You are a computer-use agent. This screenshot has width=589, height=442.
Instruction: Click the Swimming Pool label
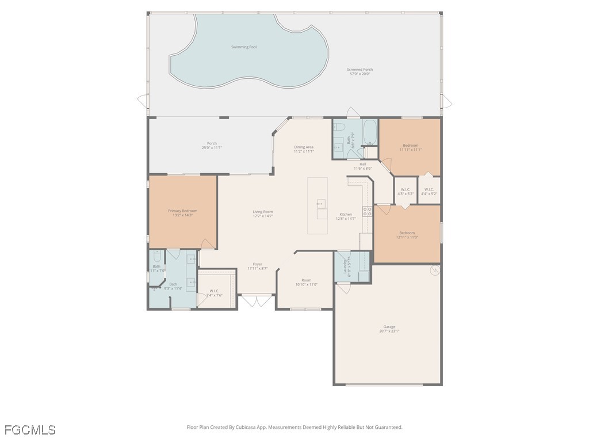tap(244, 47)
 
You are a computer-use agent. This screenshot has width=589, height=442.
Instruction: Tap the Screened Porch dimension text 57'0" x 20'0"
tap(359, 74)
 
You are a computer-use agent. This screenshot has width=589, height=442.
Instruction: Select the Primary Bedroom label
tap(182, 211)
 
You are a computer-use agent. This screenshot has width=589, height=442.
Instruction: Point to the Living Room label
tap(263, 212)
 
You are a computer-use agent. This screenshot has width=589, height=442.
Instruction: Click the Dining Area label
tap(304, 147)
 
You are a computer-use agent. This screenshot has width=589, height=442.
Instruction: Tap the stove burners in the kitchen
tap(366, 211)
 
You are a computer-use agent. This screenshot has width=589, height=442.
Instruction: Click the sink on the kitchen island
tap(321, 203)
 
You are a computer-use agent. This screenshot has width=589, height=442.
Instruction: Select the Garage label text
tap(389, 327)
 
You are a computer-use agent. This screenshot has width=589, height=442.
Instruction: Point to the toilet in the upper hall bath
tap(339, 127)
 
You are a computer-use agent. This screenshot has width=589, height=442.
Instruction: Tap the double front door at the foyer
tap(257, 301)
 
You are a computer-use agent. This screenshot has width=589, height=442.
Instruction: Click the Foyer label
tap(257, 264)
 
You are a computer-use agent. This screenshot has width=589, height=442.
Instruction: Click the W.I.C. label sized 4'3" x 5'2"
tap(405, 189)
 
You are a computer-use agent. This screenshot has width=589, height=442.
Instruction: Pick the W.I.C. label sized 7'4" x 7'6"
tap(215, 291)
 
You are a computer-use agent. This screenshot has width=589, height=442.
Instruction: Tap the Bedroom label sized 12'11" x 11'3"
tap(407, 233)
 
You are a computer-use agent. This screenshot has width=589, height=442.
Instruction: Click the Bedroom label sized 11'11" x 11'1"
tap(410, 146)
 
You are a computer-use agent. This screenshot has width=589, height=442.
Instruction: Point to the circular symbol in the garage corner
tap(434, 269)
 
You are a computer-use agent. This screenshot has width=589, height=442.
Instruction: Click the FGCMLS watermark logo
tap(30, 430)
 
